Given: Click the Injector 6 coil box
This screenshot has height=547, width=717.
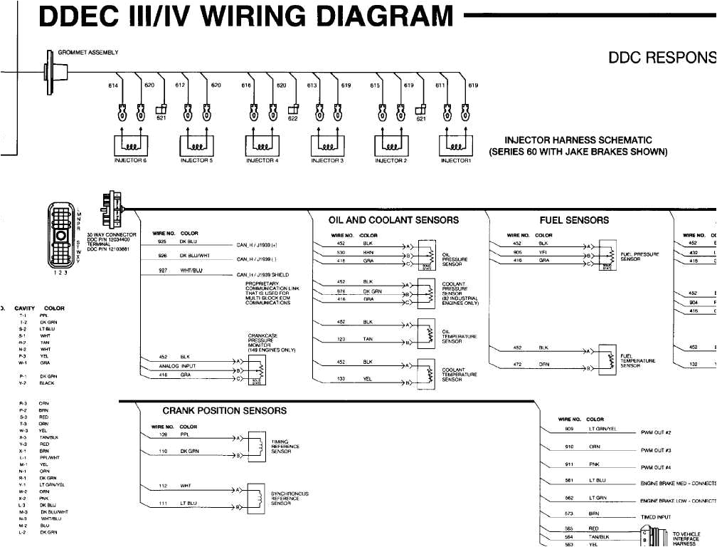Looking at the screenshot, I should (131, 144).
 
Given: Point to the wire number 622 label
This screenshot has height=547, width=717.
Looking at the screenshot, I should (292, 119).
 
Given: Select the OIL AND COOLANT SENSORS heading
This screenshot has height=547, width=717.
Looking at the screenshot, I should (393, 220).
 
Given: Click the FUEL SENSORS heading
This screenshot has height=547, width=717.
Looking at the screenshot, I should (574, 220).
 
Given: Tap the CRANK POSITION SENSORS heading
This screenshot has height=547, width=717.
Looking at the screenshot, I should (224, 411).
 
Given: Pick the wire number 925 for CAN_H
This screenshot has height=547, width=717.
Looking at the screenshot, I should (162, 242).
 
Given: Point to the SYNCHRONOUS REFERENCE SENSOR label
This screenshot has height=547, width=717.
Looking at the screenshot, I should (290, 499).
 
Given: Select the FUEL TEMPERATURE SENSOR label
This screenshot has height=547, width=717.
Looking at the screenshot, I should (638, 361).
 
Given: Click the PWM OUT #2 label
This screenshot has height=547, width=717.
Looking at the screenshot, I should (661, 432).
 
